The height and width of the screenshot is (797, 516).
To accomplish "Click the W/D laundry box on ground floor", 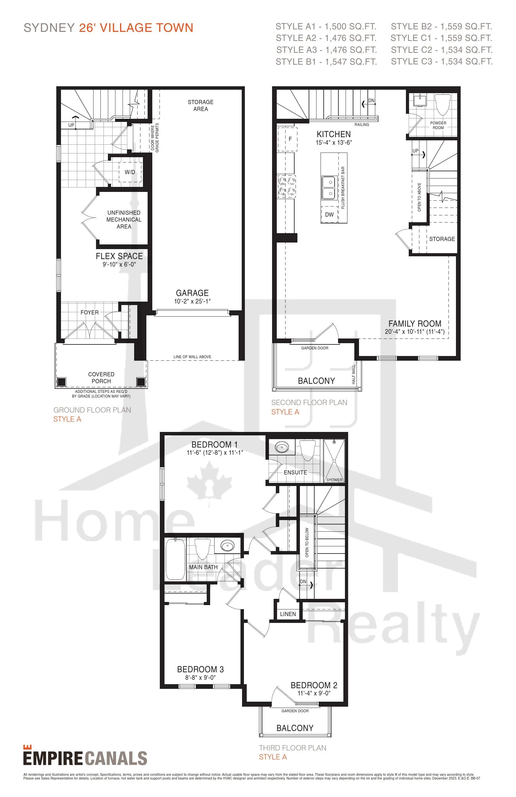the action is pos(130,172).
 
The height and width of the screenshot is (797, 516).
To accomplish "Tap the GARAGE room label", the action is pos(192,293).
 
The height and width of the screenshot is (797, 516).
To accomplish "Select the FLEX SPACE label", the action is pos(119,256).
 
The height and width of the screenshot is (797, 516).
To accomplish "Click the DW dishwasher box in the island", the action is pos(329,215).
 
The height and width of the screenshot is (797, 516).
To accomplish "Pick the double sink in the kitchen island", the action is pos(329,188).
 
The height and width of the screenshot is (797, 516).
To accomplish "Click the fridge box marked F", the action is pos(287,139).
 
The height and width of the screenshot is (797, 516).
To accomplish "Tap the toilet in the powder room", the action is pos(443,104).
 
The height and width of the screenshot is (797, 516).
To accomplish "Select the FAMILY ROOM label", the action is pos(415,324).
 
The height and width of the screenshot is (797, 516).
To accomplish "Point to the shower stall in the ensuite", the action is pos(334,461).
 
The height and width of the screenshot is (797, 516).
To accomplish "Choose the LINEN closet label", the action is pos(288,614).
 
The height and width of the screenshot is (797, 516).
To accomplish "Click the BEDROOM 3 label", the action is pos(200,669).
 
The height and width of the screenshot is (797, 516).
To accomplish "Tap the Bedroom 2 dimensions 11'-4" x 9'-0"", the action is pos(314,693).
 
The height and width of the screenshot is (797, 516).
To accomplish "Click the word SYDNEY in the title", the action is pos(49,28).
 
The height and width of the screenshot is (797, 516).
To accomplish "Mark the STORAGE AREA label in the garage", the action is pos(200,106).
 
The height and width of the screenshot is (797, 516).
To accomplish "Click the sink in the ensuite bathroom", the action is pos(282,447).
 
